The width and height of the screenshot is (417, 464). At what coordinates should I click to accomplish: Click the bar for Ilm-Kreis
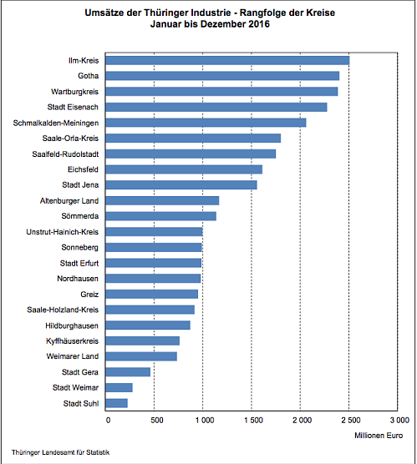[227, 60]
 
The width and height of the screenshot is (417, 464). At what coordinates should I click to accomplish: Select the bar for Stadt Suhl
[117, 403]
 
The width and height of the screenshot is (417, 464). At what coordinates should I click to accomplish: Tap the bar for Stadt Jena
[181, 184]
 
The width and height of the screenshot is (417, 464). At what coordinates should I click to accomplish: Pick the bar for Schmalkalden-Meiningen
[206, 123]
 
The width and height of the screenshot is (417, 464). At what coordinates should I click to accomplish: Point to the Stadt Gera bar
[128, 371]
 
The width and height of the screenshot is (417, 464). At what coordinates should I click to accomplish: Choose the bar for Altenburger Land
[162, 200]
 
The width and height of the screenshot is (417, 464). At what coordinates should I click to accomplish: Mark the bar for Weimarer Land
[141, 356]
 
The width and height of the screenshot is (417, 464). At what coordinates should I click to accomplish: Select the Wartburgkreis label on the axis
[78, 91]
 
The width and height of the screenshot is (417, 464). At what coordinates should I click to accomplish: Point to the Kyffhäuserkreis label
[74, 340]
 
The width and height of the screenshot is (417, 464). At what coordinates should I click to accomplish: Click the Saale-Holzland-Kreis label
[64, 310]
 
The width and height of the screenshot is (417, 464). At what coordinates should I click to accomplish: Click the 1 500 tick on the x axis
[252, 419]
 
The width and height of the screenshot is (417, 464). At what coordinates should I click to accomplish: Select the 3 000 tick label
[397, 419]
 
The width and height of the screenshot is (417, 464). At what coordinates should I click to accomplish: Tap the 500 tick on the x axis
[155, 419]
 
